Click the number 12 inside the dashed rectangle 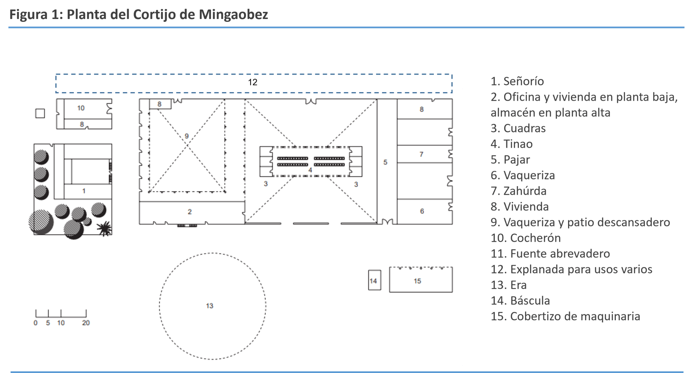(253, 82)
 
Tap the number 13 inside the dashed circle (210, 306)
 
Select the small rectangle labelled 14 (375, 280)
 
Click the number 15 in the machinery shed (417, 281)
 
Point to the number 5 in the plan (385, 162)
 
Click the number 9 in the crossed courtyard (187, 136)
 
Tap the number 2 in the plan (189, 212)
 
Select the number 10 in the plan (81, 108)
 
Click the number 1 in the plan (84, 191)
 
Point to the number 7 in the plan (421, 154)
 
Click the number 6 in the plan (422, 211)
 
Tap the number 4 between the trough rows (310, 170)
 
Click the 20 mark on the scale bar (86, 323)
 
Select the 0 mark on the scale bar (36, 323)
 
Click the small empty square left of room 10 (40, 113)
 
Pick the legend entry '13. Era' (508, 285)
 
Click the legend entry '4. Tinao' (511, 144)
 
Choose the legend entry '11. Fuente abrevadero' (550, 254)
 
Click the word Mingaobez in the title (233, 14)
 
